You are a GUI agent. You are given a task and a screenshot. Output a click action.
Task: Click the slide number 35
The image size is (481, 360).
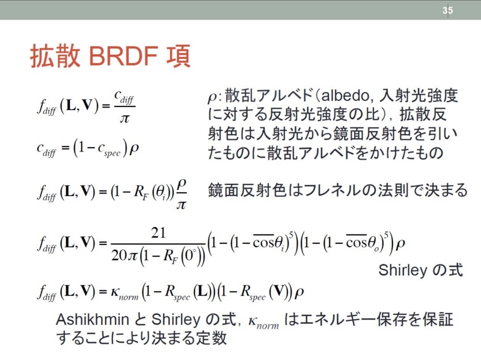tap(447, 10)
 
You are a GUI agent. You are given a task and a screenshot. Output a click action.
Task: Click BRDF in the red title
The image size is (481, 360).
tap(123, 56)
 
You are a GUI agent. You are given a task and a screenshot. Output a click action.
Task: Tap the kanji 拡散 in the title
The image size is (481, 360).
tap(55, 56)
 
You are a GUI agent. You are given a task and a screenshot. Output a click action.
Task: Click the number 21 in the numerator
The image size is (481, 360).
tap(158, 233)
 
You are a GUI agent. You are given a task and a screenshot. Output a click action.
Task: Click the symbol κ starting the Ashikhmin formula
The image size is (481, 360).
tap(115, 291)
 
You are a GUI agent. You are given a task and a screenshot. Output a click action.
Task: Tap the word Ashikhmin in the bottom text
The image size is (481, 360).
tap(93, 319)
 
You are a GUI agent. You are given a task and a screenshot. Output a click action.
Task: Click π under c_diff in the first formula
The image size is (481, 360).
tap(124, 118)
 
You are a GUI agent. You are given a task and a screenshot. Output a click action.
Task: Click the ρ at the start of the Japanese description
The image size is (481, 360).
tap(213, 97)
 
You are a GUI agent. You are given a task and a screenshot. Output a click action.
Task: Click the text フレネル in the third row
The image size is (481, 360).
tap(330, 190)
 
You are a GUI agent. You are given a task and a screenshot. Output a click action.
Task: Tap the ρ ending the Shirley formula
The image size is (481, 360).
tap(400, 245)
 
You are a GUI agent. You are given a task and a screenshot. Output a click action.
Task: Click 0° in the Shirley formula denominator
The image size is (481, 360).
tap(190, 255)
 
